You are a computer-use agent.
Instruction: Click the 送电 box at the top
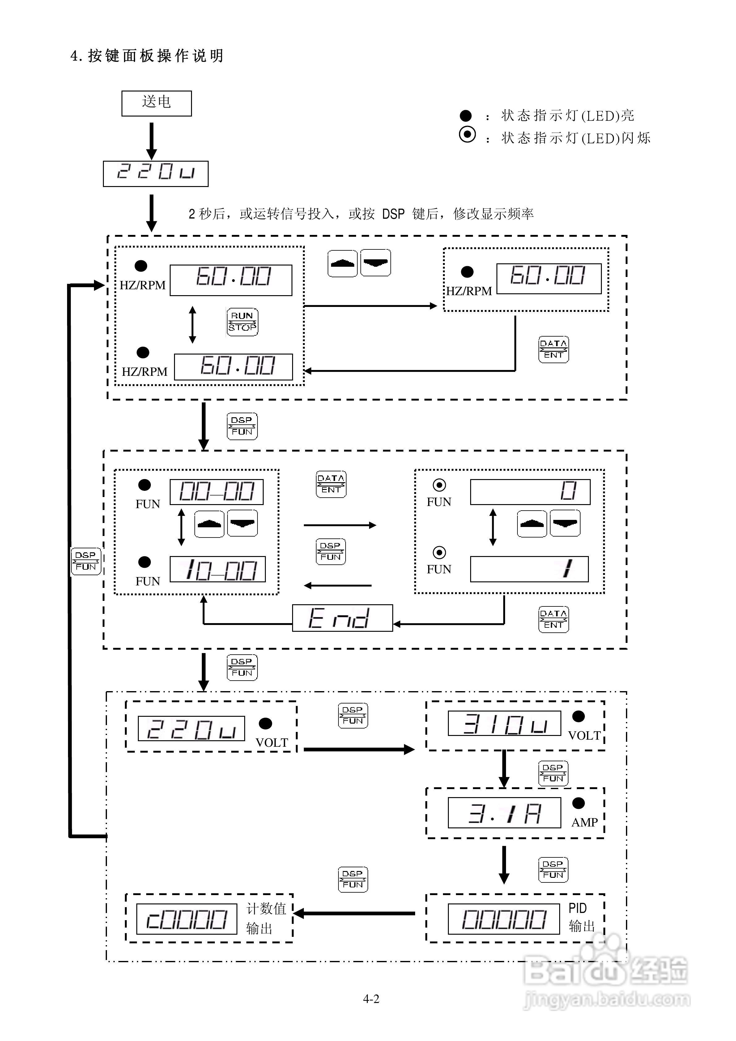click(156, 103)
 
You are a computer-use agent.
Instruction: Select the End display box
click(342, 618)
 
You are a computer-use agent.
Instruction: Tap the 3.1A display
click(504, 813)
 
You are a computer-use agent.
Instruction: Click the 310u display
click(504, 723)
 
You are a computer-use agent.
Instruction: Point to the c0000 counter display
click(187, 919)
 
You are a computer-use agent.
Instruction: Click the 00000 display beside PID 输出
click(503, 919)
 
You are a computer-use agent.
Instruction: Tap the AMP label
click(584, 822)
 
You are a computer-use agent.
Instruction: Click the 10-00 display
click(218, 569)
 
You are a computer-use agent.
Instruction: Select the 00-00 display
click(217, 492)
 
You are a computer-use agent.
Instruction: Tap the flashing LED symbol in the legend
click(467, 135)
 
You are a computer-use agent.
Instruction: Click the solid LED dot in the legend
click(466, 116)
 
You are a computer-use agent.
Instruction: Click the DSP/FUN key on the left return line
click(86, 561)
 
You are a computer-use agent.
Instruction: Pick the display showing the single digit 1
click(529, 569)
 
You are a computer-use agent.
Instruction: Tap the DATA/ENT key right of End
click(553, 619)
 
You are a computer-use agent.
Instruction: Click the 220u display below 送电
click(155, 174)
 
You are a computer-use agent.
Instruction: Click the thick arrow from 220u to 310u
click(358, 750)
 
